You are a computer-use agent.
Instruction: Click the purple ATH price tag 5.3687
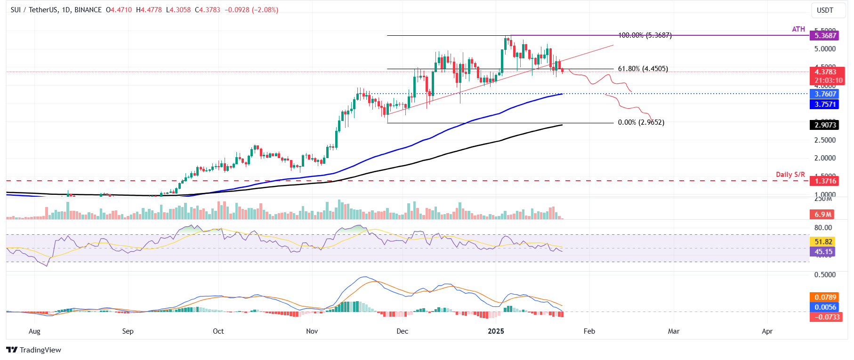point(825,35)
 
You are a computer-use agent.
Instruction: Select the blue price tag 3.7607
point(825,94)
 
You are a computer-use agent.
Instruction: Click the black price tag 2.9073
point(825,125)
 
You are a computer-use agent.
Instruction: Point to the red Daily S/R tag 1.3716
point(825,181)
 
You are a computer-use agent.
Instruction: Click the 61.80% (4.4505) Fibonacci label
point(643,69)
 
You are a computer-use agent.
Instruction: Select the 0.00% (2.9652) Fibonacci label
point(641,122)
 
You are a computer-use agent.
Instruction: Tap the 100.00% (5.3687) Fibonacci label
point(645,35)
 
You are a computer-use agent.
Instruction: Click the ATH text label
point(798,29)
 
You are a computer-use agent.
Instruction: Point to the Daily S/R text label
point(790,175)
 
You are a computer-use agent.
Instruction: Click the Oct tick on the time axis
point(218,331)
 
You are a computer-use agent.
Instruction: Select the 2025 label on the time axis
point(496,331)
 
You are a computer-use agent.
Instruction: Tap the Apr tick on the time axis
point(767,331)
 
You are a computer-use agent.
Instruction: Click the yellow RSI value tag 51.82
point(823,241)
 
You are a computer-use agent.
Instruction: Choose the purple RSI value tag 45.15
point(823,252)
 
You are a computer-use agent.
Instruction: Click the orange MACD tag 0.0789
point(825,297)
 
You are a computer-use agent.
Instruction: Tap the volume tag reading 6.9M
point(823,215)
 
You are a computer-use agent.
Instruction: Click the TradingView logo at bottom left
point(34,350)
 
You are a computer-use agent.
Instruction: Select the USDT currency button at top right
point(825,10)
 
